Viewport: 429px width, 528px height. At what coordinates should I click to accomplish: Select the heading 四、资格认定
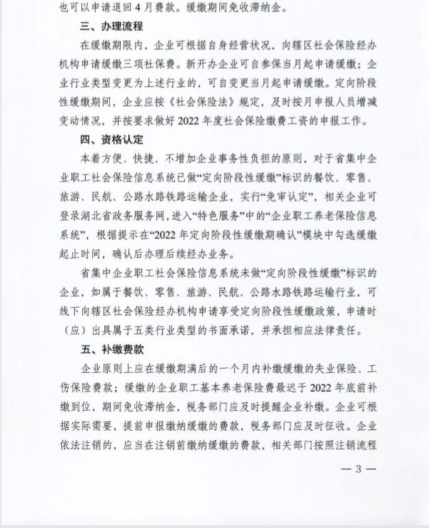point(113,139)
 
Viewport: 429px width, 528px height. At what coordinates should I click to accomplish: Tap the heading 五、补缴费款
point(113,349)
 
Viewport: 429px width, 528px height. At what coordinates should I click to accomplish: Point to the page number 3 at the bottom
point(360,469)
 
